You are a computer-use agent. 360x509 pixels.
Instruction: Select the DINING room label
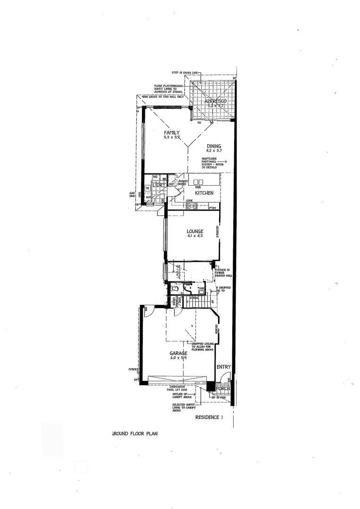tap(213, 146)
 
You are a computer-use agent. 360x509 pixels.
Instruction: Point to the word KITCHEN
tap(205, 193)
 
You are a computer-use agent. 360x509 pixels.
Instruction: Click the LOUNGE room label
tap(195, 231)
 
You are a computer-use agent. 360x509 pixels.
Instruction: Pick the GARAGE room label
tap(179, 353)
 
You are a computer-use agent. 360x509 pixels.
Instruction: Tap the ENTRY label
tap(223, 367)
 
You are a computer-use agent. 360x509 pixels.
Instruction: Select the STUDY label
tap(179, 273)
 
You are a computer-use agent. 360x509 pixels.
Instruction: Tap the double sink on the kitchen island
tap(198, 182)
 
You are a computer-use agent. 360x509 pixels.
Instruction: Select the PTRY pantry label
tap(212, 208)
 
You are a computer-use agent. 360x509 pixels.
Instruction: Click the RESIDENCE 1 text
tap(209, 418)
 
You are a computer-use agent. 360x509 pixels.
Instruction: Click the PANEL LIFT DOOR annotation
tap(177, 390)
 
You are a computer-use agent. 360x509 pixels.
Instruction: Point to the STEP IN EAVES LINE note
tap(186, 74)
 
